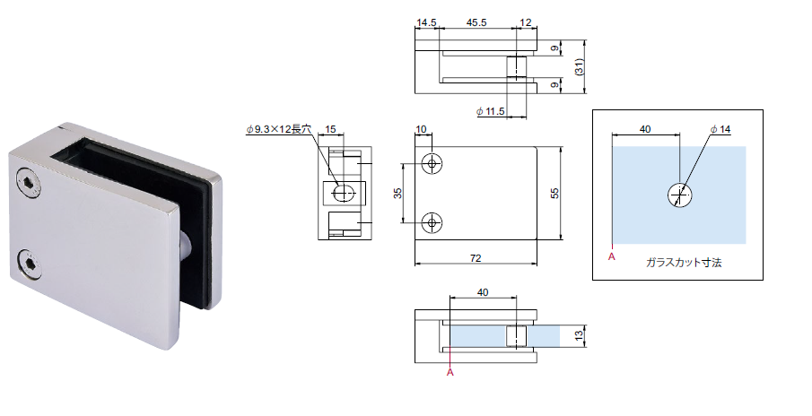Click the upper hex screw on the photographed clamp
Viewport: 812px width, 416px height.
tap(29, 183)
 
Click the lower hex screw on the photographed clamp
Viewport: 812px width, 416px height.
tap(29, 264)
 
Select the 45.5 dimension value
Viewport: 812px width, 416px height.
tap(476, 22)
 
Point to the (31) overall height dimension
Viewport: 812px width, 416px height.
tap(579, 66)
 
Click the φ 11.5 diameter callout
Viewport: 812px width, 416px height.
tap(491, 111)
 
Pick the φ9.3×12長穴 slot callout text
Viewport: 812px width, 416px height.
tap(279, 129)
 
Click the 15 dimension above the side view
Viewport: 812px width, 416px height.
tap(330, 129)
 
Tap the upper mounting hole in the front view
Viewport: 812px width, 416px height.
tap(432, 164)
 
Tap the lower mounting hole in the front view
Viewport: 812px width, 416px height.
tap(432, 223)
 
